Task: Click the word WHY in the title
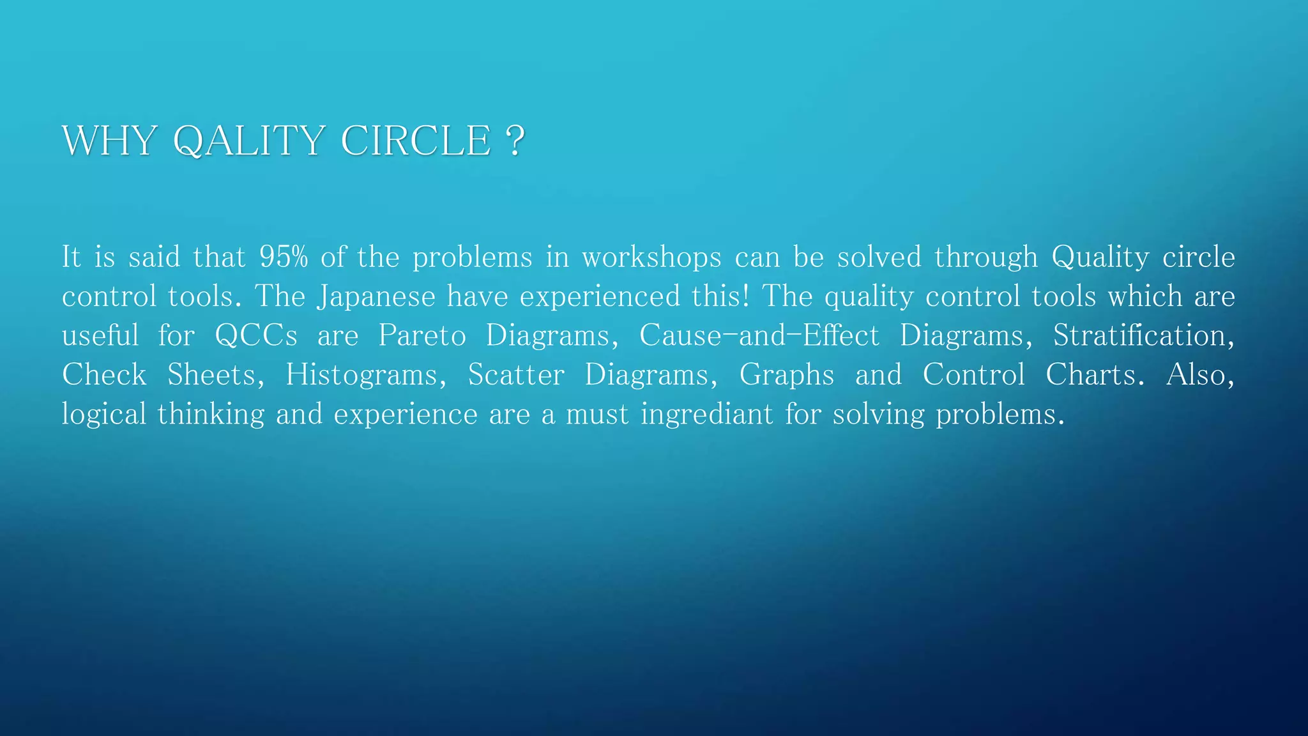coord(109,141)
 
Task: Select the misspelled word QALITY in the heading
coord(249,141)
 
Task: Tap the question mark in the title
coord(514,141)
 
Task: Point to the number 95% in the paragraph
coord(284,257)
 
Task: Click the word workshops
coord(651,257)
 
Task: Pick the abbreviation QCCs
coord(256,336)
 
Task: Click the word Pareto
coord(422,336)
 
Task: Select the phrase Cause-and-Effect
coord(759,336)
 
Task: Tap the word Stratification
coord(1143,336)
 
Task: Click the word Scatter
coord(516,375)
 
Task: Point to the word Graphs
coord(787,375)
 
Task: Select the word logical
coord(104,415)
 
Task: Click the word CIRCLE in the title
coord(416,141)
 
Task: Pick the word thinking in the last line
coord(211,415)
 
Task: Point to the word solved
coord(879,257)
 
